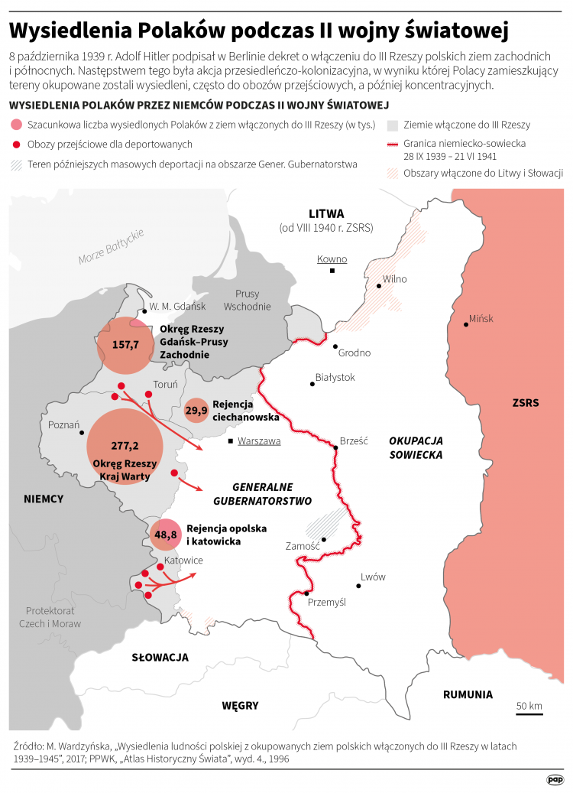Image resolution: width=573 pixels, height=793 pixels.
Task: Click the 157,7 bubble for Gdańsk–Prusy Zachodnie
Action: [x=125, y=345]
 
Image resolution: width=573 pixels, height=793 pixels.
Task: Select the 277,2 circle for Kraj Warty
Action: [x=125, y=447]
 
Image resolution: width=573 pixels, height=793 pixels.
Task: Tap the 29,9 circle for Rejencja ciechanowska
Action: [x=196, y=411]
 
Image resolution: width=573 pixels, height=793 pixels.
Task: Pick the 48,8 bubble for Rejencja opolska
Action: [x=166, y=535]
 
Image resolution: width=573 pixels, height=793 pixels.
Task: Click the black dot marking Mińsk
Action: [x=465, y=324]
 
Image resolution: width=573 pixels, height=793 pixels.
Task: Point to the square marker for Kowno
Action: [x=332, y=271]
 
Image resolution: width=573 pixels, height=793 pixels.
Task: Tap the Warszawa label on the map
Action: [x=259, y=441]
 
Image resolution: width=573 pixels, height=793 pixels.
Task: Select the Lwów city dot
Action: [x=358, y=585]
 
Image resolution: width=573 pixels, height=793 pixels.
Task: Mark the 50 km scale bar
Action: [x=529, y=714]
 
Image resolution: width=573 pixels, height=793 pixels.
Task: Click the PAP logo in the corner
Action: [x=555, y=779]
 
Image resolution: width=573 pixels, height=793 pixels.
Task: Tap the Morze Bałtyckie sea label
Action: [x=111, y=247]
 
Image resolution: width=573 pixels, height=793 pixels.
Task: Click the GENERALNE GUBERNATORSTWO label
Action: [x=262, y=494]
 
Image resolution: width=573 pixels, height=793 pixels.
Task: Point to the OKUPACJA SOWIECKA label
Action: [x=416, y=447]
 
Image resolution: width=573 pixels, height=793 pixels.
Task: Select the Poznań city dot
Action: [x=82, y=432]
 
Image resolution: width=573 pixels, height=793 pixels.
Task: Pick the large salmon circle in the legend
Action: [x=16, y=125]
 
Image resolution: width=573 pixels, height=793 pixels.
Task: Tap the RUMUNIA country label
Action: [x=468, y=695]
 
